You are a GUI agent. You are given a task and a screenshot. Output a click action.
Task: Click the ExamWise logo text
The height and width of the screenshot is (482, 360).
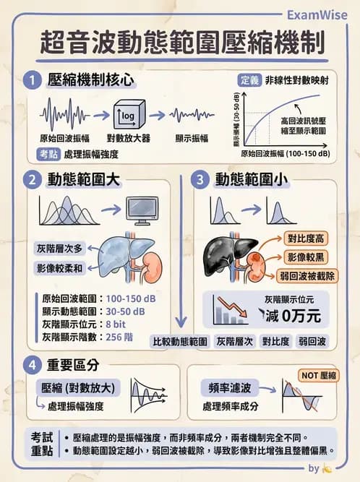[x=317, y=14]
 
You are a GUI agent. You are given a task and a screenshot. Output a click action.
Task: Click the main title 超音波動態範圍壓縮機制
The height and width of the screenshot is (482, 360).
[x=180, y=42]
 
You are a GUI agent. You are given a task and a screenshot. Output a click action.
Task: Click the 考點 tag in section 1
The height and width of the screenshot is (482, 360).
[x=48, y=153]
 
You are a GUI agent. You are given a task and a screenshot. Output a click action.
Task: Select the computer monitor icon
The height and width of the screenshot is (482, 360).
[x=142, y=210]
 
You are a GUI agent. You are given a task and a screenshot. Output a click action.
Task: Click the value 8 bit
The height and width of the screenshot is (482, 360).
[x=119, y=324]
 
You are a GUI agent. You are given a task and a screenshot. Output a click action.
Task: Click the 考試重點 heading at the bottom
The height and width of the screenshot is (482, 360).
[x=42, y=444]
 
